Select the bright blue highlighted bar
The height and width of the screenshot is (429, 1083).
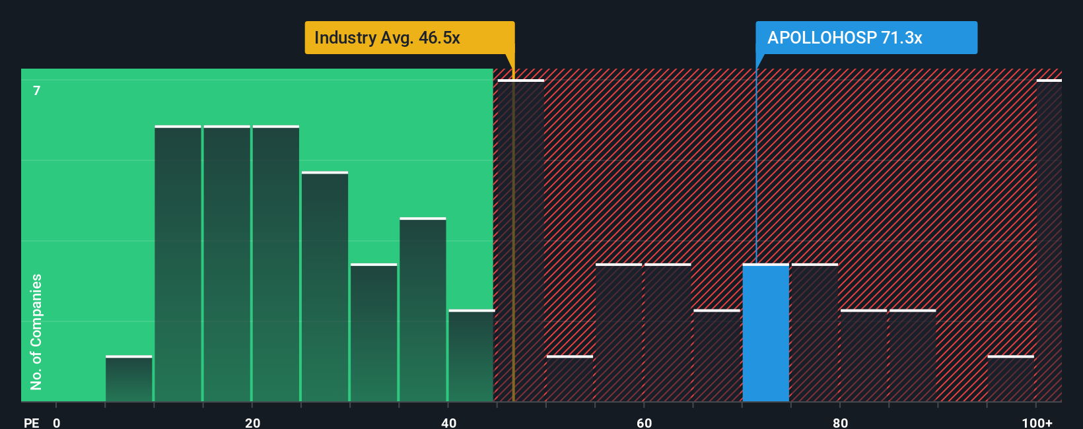pyautogui.click(x=765, y=333)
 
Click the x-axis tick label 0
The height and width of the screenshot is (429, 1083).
pyautogui.click(x=57, y=423)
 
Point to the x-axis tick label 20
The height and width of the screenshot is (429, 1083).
pyautogui.click(x=252, y=423)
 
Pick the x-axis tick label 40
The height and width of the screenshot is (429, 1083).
pyautogui.click(x=448, y=423)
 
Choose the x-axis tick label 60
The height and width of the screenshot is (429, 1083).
pyautogui.click(x=644, y=423)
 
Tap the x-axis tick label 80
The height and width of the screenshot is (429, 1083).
pyautogui.click(x=840, y=423)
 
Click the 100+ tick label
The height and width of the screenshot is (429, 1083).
pyautogui.click(x=1037, y=423)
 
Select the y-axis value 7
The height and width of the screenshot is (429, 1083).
pyautogui.click(x=37, y=90)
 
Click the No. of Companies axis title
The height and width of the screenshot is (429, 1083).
pyautogui.click(x=36, y=331)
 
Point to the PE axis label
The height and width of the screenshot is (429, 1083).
pyautogui.click(x=31, y=423)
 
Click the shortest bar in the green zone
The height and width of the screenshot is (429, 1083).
pyautogui.click(x=129, y=379)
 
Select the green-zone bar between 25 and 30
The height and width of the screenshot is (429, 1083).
pyautogui.click(x=325, y=287)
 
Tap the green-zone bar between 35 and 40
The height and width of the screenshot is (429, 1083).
pyautogui.click(x=423, y=310)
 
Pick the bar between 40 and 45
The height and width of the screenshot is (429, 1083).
pyautogui.click(x=471, y=356)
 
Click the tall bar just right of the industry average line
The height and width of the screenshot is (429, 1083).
pyautogui.click(x=521, y=241)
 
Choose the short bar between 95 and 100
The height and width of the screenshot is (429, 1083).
pyautogui.click(x=1010, y=379)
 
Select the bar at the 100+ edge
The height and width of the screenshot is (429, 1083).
pyautogui.click(x=1049, y=241)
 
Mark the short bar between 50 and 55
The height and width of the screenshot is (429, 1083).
pyautogui.click(x=570, y=379)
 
